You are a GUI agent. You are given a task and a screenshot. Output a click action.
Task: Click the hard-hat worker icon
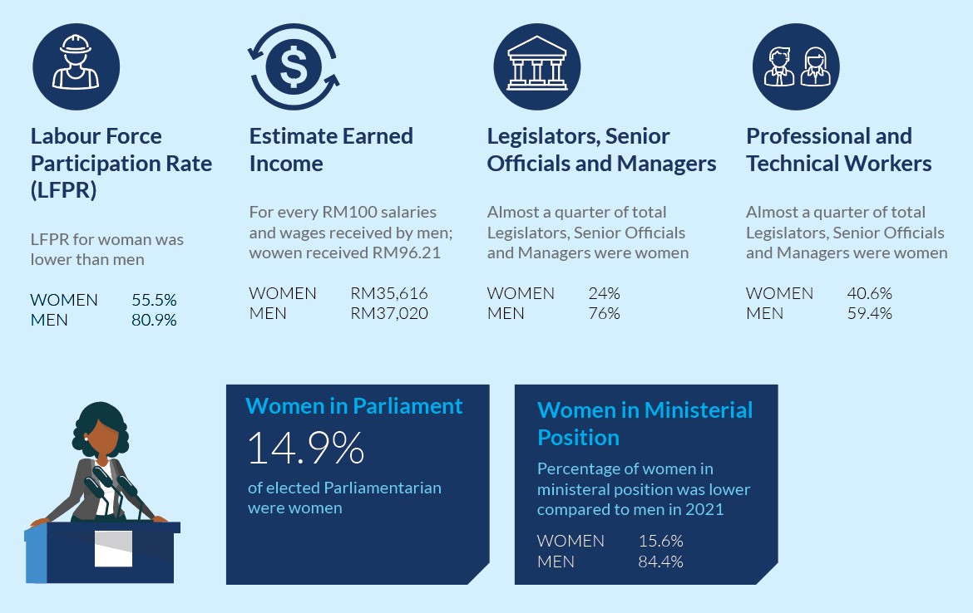[x=76, y=66]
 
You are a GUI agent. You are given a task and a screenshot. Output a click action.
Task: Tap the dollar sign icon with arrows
[x=293, y=67]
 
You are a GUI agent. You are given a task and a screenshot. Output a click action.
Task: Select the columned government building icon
[x=536, y=66]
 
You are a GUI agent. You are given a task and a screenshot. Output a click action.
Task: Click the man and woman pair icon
[x=796, y=67]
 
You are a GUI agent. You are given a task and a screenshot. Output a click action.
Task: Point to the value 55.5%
[x=154, y=300]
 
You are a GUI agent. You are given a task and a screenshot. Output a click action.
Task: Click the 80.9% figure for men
[x=154, y=320]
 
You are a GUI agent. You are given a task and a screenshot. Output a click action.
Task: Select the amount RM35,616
[x=389, y=293]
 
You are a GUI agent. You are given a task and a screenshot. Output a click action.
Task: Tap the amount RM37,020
[x=389, y=313]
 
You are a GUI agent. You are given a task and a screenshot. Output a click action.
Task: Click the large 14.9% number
[x=306, y=448]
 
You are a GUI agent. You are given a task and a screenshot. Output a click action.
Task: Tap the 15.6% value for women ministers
[x=660, y=541]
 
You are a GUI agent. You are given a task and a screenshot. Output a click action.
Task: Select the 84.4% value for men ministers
[x=660, y=562]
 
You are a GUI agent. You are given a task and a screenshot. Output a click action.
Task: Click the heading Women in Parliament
[x=354, y=406]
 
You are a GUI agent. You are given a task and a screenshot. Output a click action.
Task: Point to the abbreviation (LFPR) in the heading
[x=63, y=190]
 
